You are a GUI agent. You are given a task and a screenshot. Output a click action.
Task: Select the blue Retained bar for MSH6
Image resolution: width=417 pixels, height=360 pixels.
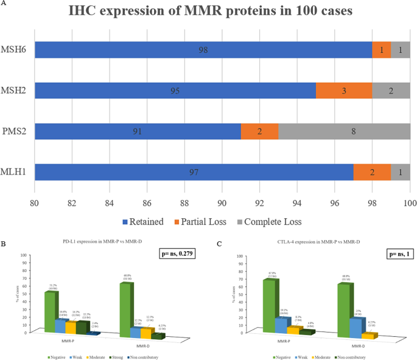coord(203,50)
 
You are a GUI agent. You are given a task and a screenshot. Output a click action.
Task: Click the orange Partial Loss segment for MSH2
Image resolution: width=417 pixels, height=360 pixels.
coord(344,91)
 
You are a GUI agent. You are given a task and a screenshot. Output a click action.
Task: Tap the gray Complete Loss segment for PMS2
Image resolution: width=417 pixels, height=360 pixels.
coord(345,131)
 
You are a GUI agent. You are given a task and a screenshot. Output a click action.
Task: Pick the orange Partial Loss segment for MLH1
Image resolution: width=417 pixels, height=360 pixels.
coord(372,172)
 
